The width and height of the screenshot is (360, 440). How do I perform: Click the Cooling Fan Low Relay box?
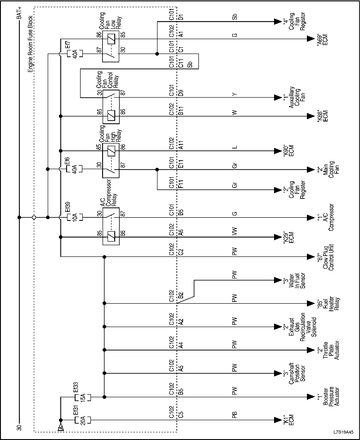pyautogui.click(x=111, y=46)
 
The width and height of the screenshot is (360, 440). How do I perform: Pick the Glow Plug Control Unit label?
pyautogui.click(x=328, y=257)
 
